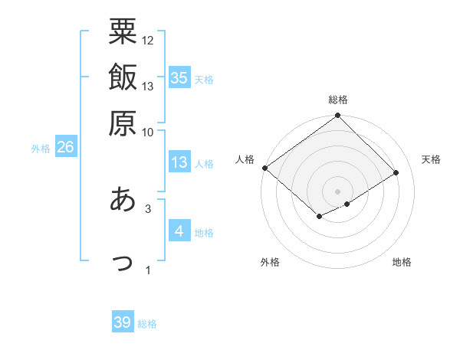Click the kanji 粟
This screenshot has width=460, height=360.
click(x=123, y=32)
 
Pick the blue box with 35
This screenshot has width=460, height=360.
click(x=179, y=77)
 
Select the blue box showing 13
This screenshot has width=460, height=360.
click(x=179, y=162)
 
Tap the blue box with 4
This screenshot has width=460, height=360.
click(x=179, y=231)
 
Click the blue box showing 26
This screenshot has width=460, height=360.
click(x=65, y=148)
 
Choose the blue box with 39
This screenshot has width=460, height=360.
click(x=123, y=322)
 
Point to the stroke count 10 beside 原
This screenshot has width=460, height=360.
click(x=148, y=131)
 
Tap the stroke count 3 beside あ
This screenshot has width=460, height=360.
click(x=148, y=208)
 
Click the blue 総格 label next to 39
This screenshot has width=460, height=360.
click(x=147, y=324)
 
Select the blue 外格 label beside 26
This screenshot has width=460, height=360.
click(x=41, y=149)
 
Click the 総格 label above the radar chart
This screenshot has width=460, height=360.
click(x=338, y=100)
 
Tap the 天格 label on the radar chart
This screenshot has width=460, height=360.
click(x=431, y=159)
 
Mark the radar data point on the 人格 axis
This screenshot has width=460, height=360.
click(x=264, y=168)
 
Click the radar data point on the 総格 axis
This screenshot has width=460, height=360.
click(x=338, y=116)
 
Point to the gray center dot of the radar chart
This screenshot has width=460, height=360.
click(x=338, y=191)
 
